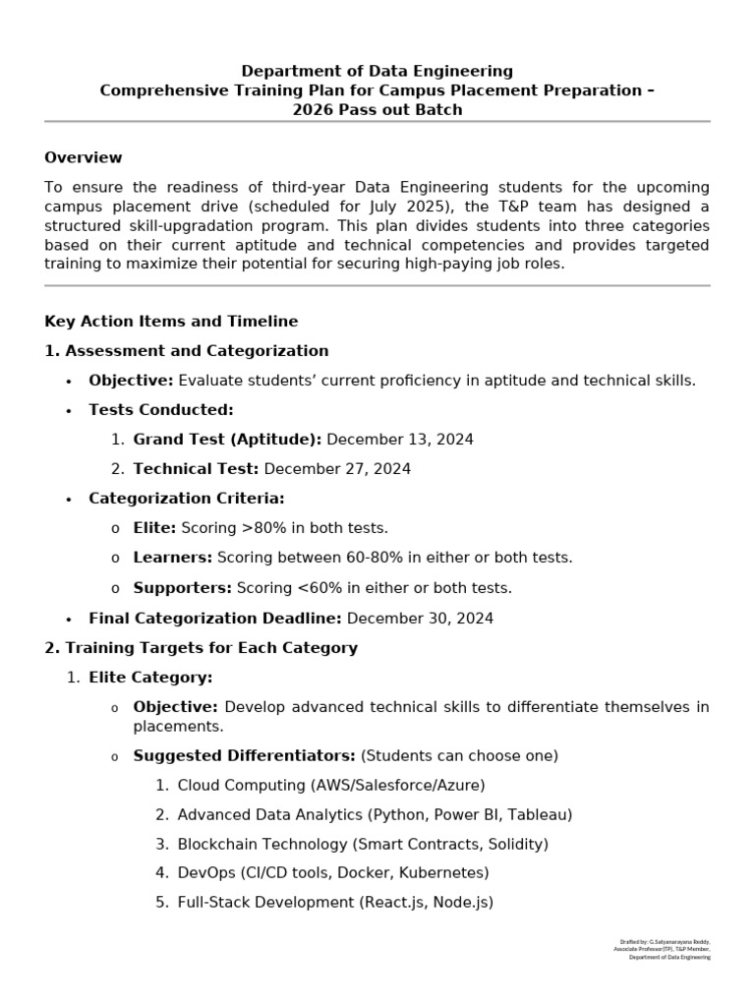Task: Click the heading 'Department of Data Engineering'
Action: pos(377,71)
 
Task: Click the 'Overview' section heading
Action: pos(84,157)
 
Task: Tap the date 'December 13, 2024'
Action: pos(399,440)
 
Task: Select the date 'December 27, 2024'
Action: pos(337,469)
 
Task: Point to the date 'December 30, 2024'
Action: pos(420,619)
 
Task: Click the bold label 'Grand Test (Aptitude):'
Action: pos(227,440)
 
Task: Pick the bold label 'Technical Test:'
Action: pos(196,469)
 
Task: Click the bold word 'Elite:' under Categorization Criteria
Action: pos(155,528)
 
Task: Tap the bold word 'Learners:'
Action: pos(173,558)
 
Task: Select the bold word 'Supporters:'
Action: pos(183,588)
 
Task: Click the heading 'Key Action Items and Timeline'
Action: pos(171,322)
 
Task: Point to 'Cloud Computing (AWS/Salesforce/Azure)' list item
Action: pos(331,785)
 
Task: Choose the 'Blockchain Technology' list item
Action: pos(363,844)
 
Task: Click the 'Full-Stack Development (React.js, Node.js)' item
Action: pos(335,903)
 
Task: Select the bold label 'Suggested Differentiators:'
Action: pos(245,755)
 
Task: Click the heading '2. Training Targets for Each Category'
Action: pos(202,648)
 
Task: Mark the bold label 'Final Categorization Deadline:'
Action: pos(215,619)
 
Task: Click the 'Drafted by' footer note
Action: pos(661,949)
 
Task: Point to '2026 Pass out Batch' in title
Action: pos(377,110)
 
